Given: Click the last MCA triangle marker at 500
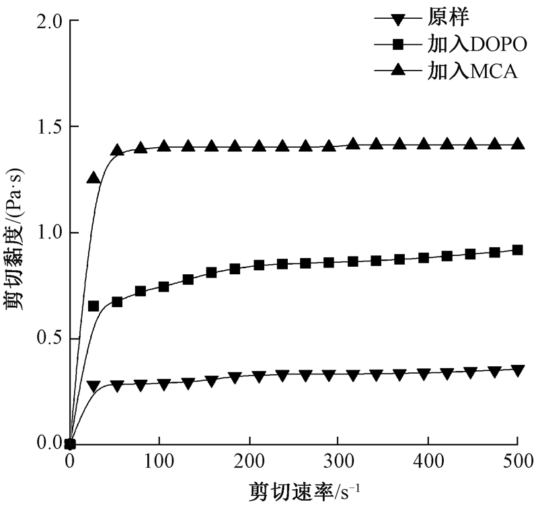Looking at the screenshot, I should point(516,144).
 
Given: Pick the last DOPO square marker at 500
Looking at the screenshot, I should point(516,250).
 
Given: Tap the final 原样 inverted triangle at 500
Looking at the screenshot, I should point(516,370).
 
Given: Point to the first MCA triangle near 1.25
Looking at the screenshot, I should point(93,178).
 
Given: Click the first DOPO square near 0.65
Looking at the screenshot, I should point(93,306).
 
